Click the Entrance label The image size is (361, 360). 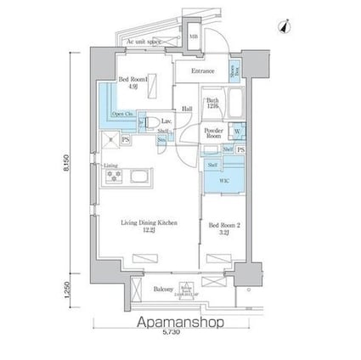tap(204, 71)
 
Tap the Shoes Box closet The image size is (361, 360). tap(234, 72)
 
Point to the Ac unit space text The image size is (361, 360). tap(144, 42)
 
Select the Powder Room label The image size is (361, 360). tap(213, 133)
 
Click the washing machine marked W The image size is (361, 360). tap(237, 132)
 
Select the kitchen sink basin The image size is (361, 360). tap(138, 177)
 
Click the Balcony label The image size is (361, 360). tap(165, 290)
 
